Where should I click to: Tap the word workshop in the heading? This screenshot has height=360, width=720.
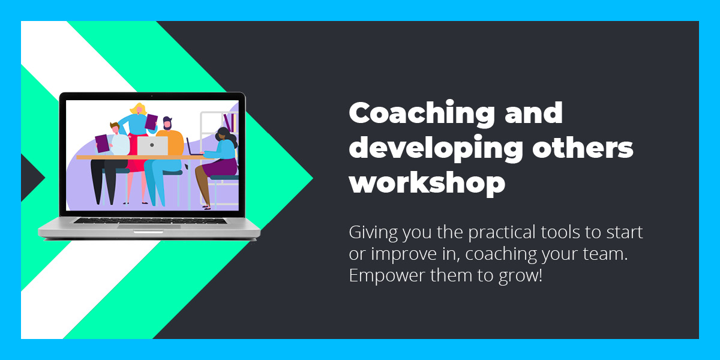click(x=427, y=182)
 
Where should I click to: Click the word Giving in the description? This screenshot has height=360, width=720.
click(x=370, y=232)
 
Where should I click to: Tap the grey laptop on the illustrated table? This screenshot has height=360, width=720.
click(x=152, y=146)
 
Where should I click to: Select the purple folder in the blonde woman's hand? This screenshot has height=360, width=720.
click(x=151, y=122)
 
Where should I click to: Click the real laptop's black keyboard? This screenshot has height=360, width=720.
click(x=149, y=220)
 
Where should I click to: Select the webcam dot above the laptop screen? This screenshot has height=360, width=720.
click(x=152, y=96)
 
